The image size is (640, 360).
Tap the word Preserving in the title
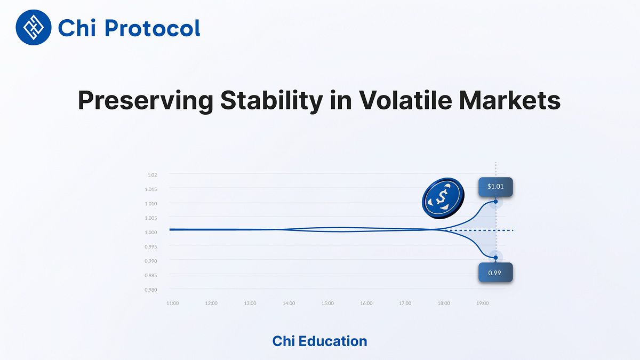(146, 100)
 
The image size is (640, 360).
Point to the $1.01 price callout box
(495, 187)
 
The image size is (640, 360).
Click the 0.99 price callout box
(495, 272)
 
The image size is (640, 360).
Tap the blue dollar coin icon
(442, 198)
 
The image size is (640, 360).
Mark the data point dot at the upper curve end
(496, 202)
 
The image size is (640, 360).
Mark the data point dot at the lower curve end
(495, 258)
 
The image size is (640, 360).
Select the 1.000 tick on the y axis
(151, 233)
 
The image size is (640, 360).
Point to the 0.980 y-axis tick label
(151, 290)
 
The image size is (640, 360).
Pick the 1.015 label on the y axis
(151, 189)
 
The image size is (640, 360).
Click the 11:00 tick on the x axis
(172, 303)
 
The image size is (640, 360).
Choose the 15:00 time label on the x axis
(327, 303)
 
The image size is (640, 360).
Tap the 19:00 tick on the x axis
(482, 303)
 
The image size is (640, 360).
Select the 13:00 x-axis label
(250, 303)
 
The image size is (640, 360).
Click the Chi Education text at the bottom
(319, 341)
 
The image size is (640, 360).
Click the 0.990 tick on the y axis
(151, 261)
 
